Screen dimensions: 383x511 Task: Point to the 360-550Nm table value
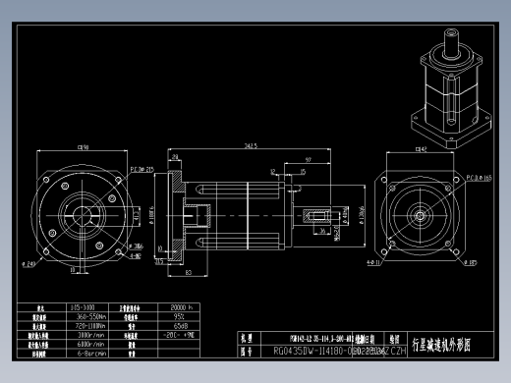click(90, 316)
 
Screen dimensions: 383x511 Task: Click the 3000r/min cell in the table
click(90, 334)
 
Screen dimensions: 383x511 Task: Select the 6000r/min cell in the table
click(90, 344)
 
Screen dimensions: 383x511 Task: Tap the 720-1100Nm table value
click(90, 325)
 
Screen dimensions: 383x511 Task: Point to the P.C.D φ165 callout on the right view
click(479, 178)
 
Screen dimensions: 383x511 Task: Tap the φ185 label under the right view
click(471, 263)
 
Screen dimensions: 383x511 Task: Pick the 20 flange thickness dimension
click(174, 155)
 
